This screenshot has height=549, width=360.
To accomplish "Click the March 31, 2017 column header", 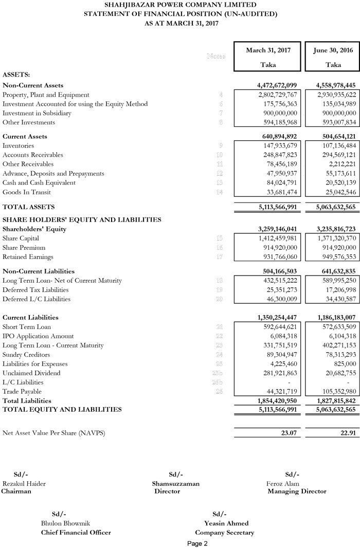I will (x=268, y=50).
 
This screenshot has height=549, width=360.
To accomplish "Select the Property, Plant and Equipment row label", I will (x=46, y=95).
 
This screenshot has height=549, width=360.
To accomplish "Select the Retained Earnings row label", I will (x=28, y=257).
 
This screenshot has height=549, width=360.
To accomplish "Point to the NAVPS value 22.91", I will (x=347, y=433).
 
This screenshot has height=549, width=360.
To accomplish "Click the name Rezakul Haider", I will (x=24, y=484).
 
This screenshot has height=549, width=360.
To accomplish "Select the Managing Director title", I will (x=297, y=491).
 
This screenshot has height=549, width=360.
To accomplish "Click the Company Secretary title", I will (x=224, y=533).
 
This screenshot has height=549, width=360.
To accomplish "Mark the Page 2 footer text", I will (x=197, y=544).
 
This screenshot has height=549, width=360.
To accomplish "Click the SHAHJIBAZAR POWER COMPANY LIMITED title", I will (x=180, y=5).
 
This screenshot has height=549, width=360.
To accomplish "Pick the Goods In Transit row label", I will (x=27, y=192).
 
